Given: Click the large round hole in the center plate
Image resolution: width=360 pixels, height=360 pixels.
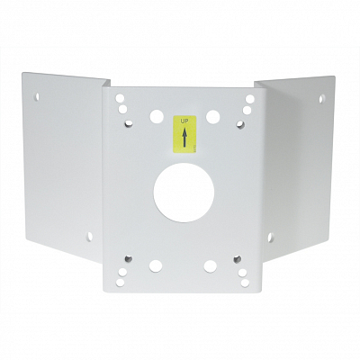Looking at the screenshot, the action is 184,193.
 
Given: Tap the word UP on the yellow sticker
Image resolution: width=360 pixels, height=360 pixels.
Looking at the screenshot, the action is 184,121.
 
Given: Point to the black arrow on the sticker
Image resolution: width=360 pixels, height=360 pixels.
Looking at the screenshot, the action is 184,137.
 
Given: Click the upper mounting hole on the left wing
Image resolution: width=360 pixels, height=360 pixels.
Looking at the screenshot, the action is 37,96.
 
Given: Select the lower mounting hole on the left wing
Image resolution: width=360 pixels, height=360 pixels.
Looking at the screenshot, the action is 90,237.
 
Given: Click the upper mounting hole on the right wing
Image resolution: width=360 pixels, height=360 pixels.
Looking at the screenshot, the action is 321,98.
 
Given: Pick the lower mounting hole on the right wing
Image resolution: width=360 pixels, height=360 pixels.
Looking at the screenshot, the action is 270,237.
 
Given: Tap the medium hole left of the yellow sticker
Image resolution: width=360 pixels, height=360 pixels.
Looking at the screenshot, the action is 157,116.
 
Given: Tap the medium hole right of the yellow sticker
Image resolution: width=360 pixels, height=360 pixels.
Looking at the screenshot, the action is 212,117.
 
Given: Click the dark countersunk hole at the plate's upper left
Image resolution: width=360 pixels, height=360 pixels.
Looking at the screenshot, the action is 129,123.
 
